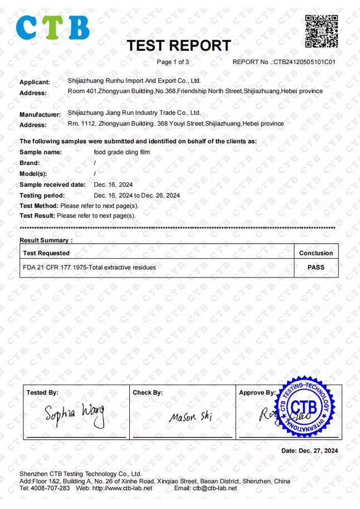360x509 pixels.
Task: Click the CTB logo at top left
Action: (53, 27)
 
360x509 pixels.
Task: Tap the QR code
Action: (322, 31)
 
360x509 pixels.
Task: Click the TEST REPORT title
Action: (178, 45)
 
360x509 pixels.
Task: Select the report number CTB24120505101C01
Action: (304, 62)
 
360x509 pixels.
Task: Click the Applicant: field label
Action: (35, 82)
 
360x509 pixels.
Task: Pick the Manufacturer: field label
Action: (40, 114)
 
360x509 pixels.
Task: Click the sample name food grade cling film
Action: (121, 152)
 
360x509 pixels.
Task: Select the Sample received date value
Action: (113, 185)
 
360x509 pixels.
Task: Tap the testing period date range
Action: (137, 195)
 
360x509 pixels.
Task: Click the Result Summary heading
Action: (46, 240)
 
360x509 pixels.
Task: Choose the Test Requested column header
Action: (46, 253)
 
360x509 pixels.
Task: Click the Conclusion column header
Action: (316, 253)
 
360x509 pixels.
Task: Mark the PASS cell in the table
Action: (316, 267)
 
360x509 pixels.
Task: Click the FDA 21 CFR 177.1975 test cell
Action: (89, 267)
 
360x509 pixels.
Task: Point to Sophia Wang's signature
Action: (75, 415)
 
